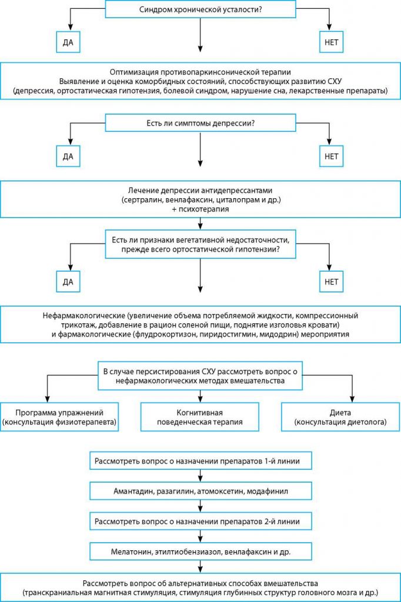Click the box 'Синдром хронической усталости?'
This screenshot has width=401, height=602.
click(200, 9)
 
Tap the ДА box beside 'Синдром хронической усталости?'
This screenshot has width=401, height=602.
click(68, 42)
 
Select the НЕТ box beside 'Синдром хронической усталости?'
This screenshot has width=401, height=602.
click(331, 42)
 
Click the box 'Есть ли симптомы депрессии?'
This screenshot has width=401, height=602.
click(200, 123)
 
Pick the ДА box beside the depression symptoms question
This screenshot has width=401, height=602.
click(68, 156)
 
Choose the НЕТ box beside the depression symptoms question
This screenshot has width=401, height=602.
click(331, 156)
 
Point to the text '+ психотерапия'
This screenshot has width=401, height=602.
click(200, 209)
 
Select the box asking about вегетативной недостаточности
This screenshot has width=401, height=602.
click(200, 245)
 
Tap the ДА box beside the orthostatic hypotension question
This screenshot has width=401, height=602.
click(68, 282)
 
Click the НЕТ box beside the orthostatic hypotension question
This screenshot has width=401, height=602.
click(331, 282)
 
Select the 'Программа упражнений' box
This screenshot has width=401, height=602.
click(59, 417)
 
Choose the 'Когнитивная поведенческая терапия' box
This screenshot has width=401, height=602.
click(200, 417)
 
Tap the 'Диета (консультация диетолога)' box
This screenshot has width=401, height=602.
click(340, 417)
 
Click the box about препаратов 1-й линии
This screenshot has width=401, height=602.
click(200, 461)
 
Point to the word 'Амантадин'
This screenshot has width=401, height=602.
click(133, 491)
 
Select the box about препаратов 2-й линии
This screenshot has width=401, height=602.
click(200, 521)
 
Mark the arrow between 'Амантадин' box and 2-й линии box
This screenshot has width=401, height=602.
click(200, 506)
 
